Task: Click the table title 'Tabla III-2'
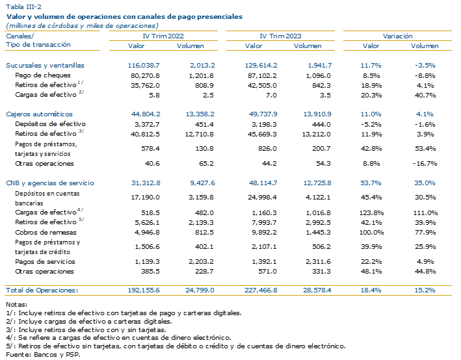point(23,6)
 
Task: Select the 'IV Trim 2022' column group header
point(163,36)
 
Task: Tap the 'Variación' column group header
point(397,36)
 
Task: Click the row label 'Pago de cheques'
point(43,75)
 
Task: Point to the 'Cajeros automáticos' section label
point(39,114)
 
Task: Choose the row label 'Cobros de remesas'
point(46,233)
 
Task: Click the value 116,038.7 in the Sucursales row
point(144,65)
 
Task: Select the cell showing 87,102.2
point(262,75)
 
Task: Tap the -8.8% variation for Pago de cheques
point(425,75)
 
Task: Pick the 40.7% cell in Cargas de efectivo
point(425,96)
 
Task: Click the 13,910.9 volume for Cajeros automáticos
point(317,114)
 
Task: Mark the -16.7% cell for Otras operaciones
point(425,163)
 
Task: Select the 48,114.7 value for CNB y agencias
point(263,183)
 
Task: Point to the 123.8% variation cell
point(372,212)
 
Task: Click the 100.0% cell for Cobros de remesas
point(372,233)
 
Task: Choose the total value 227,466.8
point(261,290)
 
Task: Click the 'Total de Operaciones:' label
point(42,290)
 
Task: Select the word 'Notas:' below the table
point(16,305)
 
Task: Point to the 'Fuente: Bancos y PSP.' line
point(43,354)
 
